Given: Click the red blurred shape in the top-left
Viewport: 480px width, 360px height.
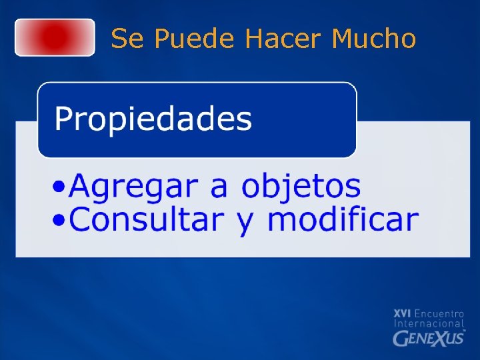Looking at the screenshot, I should tap(55, 37).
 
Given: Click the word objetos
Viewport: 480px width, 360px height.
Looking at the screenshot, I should tap(301, 187).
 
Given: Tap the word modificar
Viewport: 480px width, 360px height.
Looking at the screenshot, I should tap(343, 219).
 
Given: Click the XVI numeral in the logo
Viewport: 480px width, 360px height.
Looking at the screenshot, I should tap(402, 313).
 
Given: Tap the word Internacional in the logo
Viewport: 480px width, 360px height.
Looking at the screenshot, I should tap(429, 323).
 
